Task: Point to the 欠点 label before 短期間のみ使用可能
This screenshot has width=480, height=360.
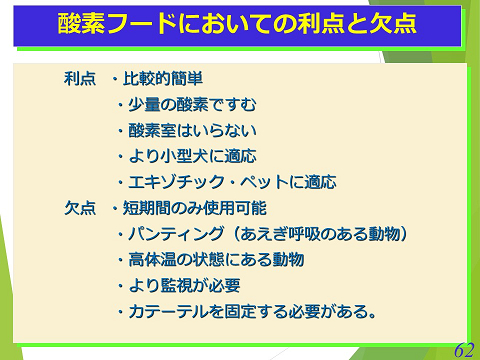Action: (79, 208)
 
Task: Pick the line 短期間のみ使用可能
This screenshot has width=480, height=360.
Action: (196, 208)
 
